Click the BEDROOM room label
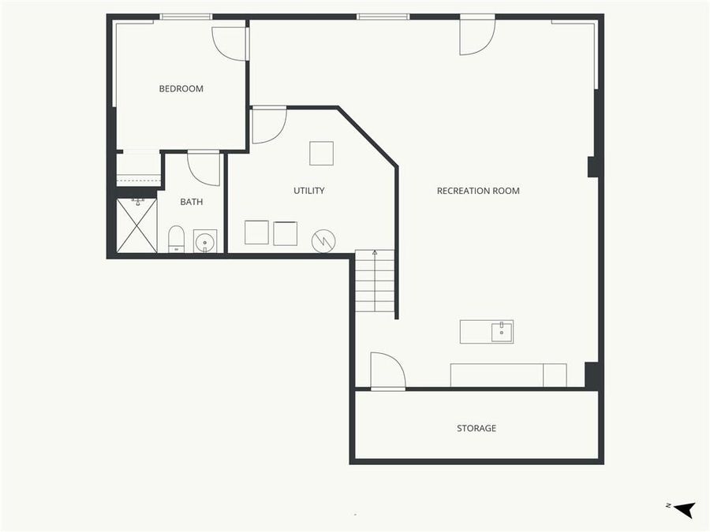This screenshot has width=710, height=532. click(x=181, y=89)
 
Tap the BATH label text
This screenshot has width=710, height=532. click(x=192, y=202)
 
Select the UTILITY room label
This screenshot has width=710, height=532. click(x=309, y=191)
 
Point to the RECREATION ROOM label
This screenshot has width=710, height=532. click(x=478, y=191)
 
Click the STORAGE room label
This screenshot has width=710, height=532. click(x=476, y=429)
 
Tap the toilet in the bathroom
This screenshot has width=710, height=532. click(x=176, y=238)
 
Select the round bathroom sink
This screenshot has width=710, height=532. click(x=205, y=241)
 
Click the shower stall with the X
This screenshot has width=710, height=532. click(x=136, y=225)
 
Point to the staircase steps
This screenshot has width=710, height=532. click(x=375, y=281)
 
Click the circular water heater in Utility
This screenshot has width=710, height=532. click(x=323, y=240)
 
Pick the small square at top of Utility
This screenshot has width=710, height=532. click(x=321, y=153)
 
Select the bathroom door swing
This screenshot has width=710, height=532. click(x=204, y=168)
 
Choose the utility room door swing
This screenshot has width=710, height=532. click(x=268, y=126)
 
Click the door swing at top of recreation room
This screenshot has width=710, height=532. click(x=476, y=36)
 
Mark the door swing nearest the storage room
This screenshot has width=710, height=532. click(x=387, y=370)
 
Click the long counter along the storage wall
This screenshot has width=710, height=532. click(x=508, y=375)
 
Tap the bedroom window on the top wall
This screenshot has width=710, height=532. click(x=185, y=17)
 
